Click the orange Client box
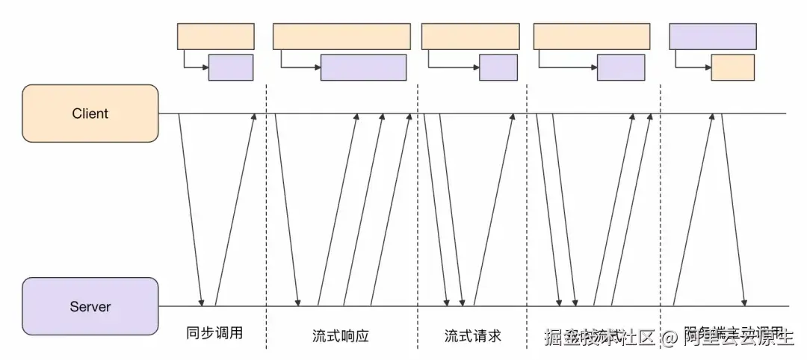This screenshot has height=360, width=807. point(90,114)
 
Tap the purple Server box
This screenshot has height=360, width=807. point(90,306)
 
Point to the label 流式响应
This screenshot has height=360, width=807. point(341,336)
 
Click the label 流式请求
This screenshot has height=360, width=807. point(472,336)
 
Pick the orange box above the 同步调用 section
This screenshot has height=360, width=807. point(215,37)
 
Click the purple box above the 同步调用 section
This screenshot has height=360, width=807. point(231,68)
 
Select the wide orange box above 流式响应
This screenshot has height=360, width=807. point(341,37)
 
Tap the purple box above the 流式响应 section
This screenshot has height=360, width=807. point(363,68)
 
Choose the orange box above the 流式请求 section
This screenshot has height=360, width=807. point(470,37)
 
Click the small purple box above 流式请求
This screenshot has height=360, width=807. point(498,68)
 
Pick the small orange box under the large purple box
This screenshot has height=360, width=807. point(732,68)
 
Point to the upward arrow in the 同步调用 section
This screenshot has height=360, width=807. point(235,209)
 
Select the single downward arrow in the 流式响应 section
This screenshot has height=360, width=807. point(287,209)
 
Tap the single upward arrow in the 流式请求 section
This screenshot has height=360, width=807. point(494,209)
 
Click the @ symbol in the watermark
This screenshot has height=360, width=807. point(670,338)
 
